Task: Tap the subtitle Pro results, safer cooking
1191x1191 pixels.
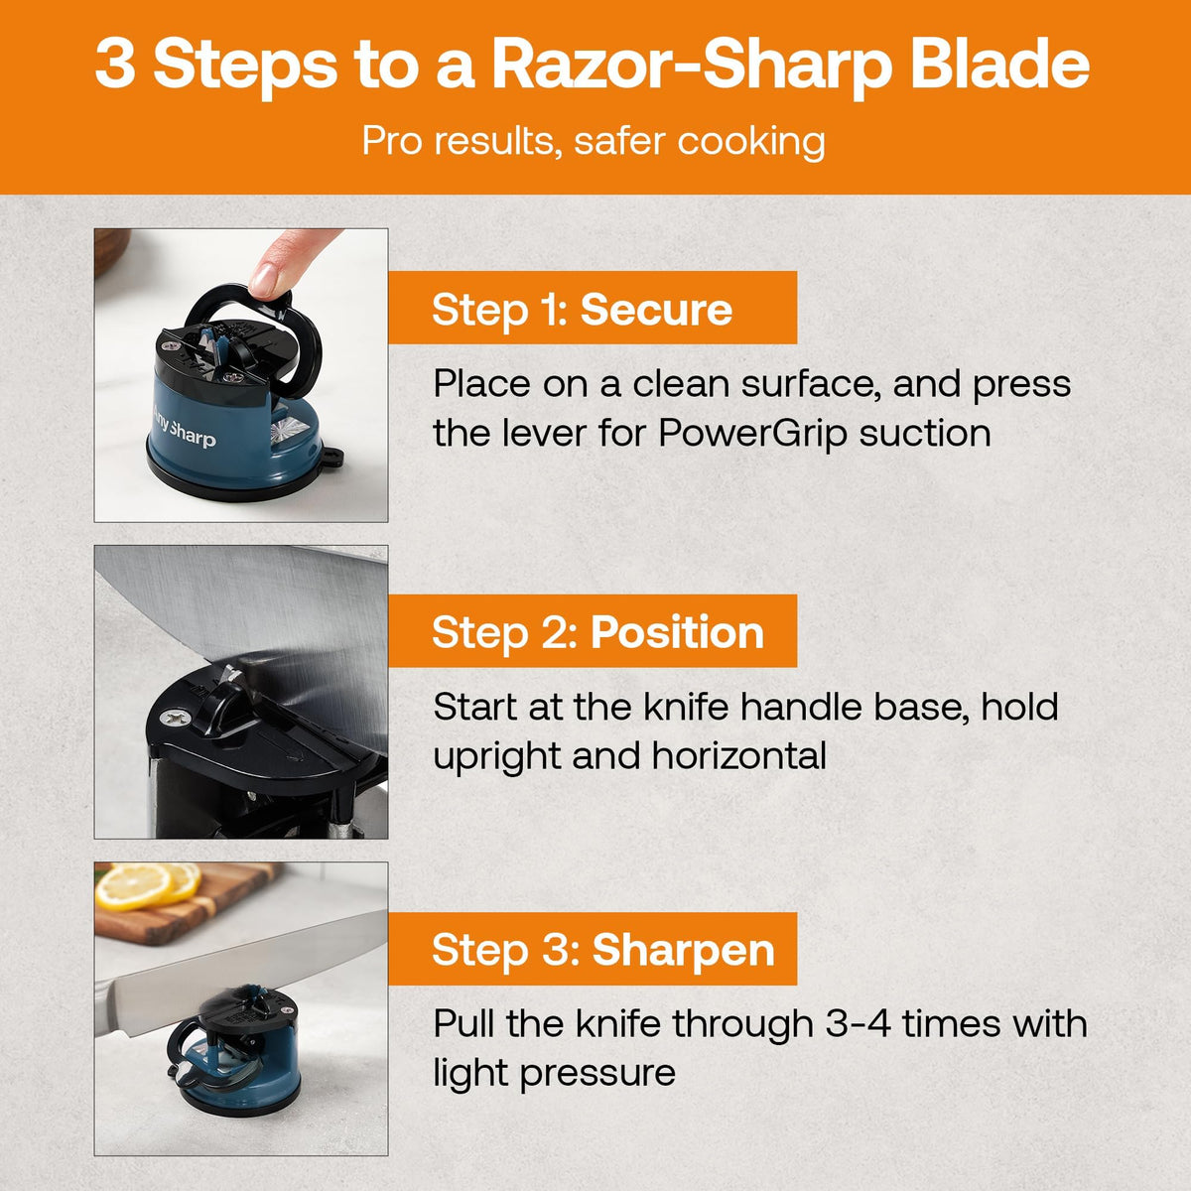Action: point(594,141)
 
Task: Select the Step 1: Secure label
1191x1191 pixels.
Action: point(583,310)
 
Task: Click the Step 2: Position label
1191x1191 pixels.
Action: point(597,632)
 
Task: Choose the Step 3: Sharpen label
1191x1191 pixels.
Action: point(602,950)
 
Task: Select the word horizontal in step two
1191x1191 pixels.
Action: point(739,756)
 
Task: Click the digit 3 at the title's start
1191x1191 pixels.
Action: point(115,65)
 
